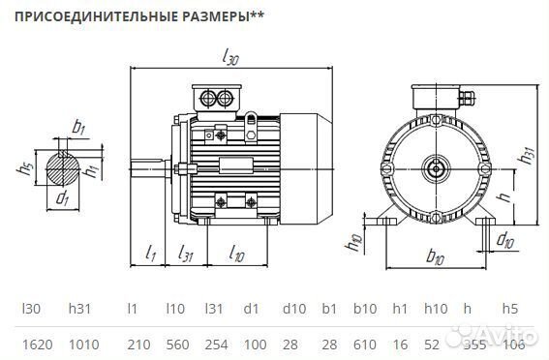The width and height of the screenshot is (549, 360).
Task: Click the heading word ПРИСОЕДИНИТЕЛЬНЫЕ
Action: pyautogui.click(x=80, y=16)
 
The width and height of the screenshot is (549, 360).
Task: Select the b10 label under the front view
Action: pyautogui.click(x=434, y=258)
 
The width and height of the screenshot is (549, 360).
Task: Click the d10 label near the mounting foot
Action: pyautogui.click(x=504, y=238)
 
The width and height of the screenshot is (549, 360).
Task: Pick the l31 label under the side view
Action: pyautogui.click(x=190, y=254)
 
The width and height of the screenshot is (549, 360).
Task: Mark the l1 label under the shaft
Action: pyautogui.click(x=151, y=254)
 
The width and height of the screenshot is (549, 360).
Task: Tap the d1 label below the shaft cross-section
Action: pyautogui.click(x=63, y=199)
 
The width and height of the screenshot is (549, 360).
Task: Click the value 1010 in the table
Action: pyautogui.click(x=81, y=344)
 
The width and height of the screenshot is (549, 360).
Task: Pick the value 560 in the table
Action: pyautogui.click(x=175, y=344)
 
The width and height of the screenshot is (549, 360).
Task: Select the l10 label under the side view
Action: pyautogui.click(x=235, y=254)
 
